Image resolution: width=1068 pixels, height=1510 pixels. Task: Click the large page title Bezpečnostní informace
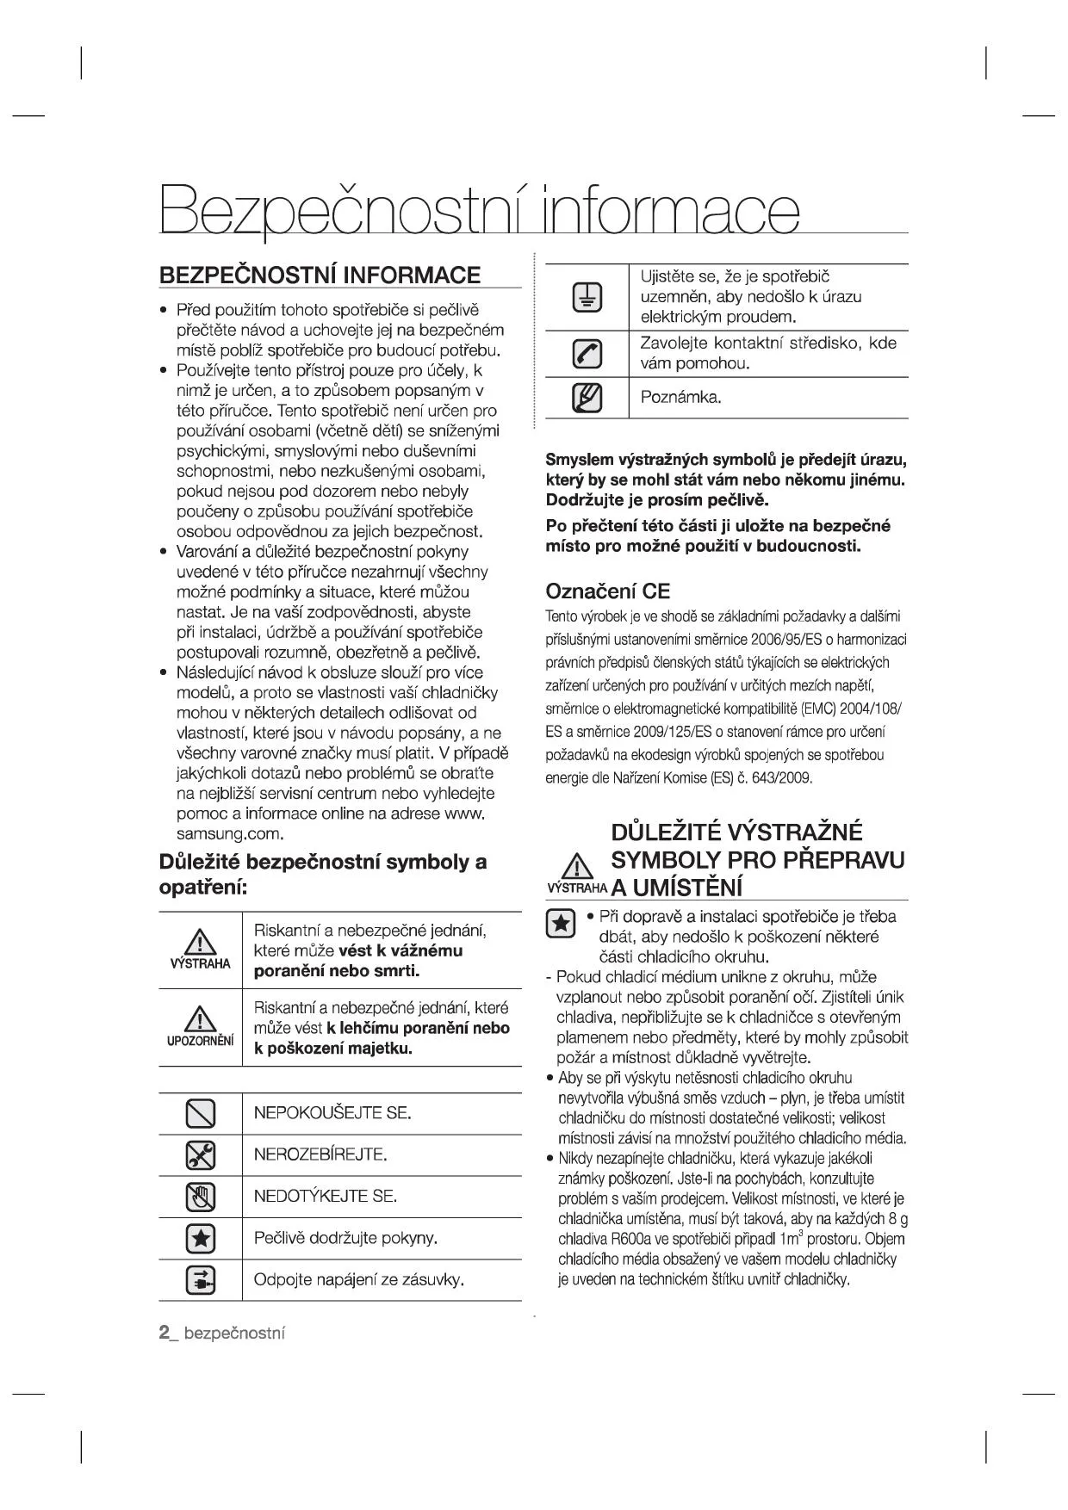coord(479,209)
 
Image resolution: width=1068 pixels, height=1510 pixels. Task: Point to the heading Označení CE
coord(608,591)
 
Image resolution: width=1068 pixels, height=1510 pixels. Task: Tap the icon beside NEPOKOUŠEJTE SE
coord(201,1113)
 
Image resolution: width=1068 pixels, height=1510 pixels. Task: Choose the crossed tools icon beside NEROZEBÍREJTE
coord(201,1155)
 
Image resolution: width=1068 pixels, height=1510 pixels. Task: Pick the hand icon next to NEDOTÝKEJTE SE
coord(201,1197)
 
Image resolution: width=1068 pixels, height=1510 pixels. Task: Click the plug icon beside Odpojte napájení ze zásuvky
coord(201,1280)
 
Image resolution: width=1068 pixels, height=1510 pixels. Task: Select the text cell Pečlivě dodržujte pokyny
coord(346,1239)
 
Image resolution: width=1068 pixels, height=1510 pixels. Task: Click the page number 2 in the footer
coord(164,1334)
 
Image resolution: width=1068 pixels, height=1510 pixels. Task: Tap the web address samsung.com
coord(230,834)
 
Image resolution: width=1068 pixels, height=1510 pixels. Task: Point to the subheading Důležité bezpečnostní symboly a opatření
coord(323,874)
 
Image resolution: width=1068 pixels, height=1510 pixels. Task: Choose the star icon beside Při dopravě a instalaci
coord(561,923)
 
